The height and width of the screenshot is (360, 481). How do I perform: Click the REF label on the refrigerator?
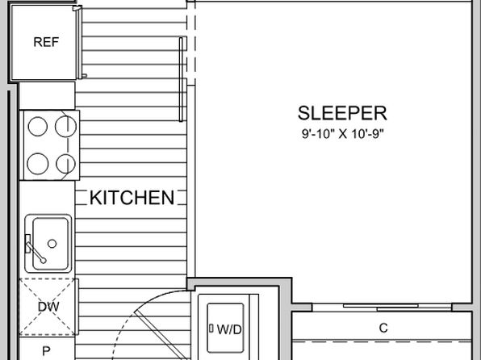[46, 42]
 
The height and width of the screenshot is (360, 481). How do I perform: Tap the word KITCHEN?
[132, 198]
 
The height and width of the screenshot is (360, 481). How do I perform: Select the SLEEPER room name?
[342, 113]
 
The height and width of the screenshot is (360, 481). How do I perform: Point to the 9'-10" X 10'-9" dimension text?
[343, 134]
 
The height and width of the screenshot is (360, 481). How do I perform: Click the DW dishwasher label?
[48, 307]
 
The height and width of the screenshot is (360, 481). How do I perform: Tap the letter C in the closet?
[383, 328]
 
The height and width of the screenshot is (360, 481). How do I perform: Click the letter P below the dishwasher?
[46, 351]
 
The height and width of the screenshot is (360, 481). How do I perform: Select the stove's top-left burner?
[38, 127]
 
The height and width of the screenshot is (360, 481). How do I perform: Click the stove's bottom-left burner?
[38, 164]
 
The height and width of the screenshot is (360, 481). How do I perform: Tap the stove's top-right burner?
[65, 127]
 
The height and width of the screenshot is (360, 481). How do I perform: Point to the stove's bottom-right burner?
[65, 164]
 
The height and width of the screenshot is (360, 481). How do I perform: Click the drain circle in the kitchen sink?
[52, 244]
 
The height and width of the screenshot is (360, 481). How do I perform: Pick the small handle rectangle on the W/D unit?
[211, 329]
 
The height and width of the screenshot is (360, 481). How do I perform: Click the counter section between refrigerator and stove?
[47, 96]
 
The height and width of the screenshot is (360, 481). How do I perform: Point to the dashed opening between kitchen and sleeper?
[190, 43]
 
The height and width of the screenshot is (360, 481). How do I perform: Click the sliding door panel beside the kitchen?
[181, 79]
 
